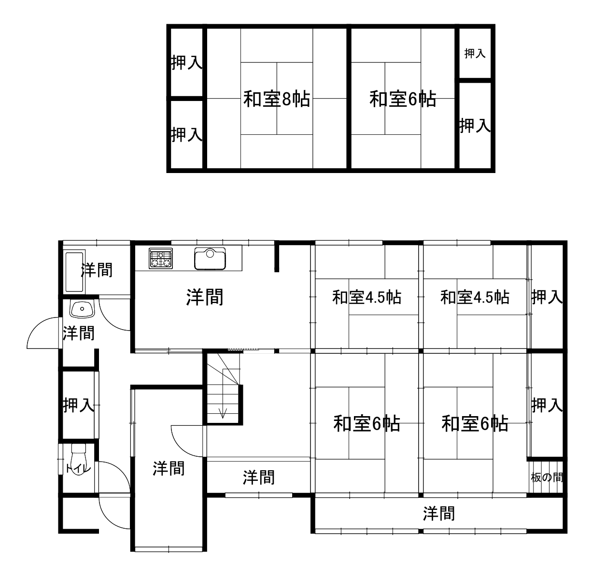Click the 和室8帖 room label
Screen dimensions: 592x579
click(277, 99)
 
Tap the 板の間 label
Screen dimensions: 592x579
click(547, 477)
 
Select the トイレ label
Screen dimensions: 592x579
click(79, 469)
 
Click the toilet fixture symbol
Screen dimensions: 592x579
click(79, 459)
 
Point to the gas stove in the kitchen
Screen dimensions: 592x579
click(161, 258)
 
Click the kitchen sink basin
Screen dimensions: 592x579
click(210, 259)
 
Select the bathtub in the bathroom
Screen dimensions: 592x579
click(74, 272)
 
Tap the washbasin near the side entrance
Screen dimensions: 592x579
click(82, 309)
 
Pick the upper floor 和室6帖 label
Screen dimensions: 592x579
click(403, 99)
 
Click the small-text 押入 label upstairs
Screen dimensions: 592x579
click(475, 54)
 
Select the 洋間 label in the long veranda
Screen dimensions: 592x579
click(439, 513)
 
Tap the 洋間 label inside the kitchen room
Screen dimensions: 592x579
click(205, 297)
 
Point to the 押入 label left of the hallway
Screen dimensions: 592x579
click(79, 405)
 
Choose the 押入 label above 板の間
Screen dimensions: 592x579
click(547, 405)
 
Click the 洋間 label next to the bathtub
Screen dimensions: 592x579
click(97, 270)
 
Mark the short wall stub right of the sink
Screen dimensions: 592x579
click(277, 256)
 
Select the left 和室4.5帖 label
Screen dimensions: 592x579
click(366, 297)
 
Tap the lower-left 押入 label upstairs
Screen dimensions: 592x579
click(186, 134)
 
